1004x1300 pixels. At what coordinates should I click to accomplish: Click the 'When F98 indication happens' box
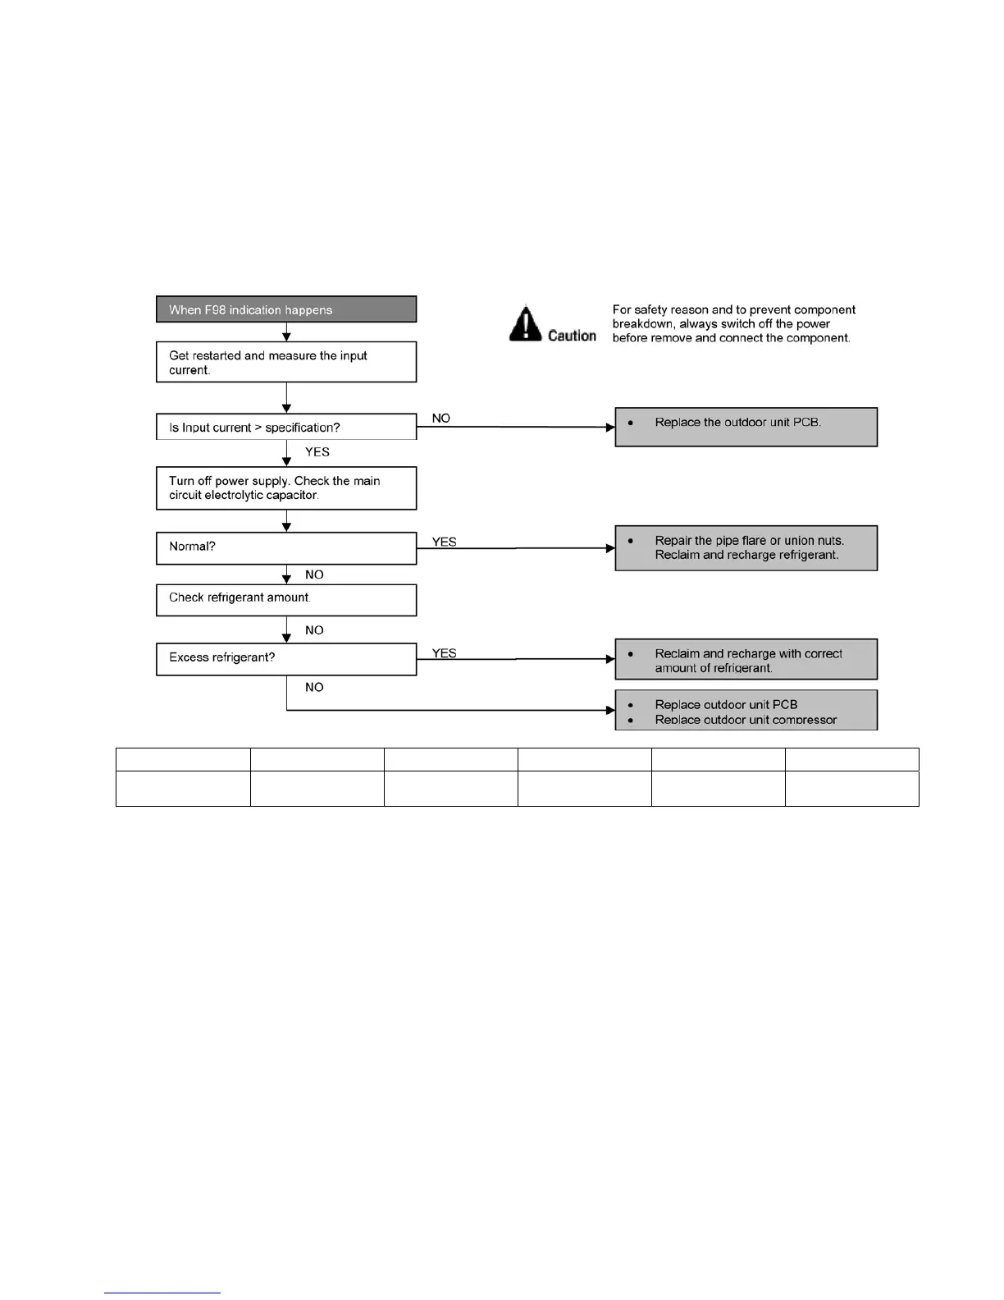coord(286,309)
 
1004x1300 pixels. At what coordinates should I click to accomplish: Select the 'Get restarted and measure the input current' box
coord(286,362)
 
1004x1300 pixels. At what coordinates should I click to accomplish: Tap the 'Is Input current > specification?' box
coord(286,427)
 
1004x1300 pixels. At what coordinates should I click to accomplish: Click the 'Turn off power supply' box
coord(286,488)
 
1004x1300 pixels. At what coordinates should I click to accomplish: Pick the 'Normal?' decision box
coord(286,547)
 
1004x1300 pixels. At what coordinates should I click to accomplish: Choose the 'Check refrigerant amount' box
coord(286,599)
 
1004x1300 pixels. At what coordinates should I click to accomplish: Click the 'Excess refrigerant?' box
coord(286,658)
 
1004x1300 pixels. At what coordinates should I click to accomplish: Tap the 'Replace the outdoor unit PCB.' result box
coord(746,427)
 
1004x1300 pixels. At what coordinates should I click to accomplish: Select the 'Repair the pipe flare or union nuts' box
coord(746,547)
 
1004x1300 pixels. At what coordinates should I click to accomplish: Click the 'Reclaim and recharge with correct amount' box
coord(746,659)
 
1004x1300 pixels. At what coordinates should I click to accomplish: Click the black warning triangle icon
coord(525,323)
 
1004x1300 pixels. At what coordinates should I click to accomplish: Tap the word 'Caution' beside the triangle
coord(572,336)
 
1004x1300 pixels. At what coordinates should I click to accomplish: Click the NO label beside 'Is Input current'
coord(441,419)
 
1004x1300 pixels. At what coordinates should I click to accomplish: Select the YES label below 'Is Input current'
coord(317,452)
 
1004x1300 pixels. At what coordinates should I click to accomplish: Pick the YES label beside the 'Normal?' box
coord(445,542)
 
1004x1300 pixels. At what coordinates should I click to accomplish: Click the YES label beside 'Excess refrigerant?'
coord(445,653)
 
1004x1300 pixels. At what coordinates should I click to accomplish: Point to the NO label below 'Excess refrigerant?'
coord(314,687)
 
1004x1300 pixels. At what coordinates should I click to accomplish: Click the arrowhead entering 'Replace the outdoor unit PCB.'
coord(610,427)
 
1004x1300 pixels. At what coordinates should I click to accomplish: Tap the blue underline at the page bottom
coord(162,1293)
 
